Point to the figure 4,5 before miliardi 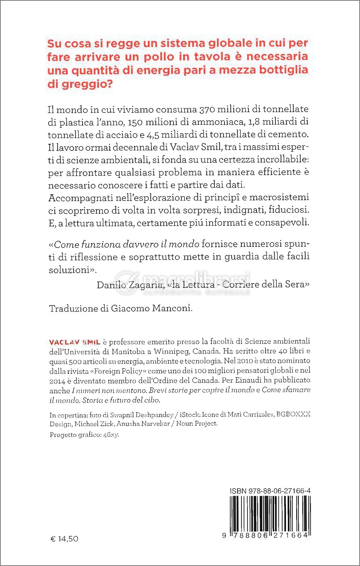tap(153, 134)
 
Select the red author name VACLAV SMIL tap(75, 342)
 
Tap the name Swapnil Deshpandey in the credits tap(142, 415)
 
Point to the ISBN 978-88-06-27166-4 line tap(270, 491)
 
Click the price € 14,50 tap(65, 539)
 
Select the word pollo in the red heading tap(159, 57)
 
